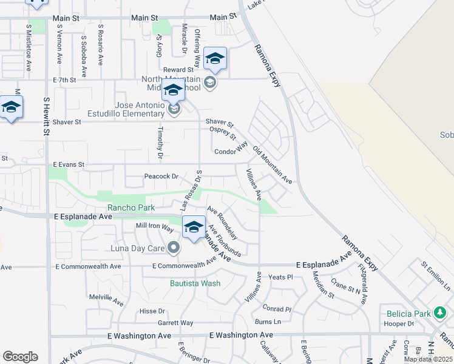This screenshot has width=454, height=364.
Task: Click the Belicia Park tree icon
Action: pyautogui.click(x=440, y=313)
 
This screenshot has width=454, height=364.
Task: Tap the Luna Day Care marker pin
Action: pyautogui.click(x=174, y=248)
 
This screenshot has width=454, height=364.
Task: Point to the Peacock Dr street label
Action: pyautogui.click(x=161, y=177)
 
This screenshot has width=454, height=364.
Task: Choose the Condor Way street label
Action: pyautogui.click(x=230, y=149)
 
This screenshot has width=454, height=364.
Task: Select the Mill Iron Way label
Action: pyautogui.click(x=154, y=226)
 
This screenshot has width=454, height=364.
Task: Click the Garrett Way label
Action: pyautogui.click(x=175, y=323)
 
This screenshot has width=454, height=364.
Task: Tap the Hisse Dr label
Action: pyautogui.click(x=148, y=311)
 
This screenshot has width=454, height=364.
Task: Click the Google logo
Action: pyautogui.click(x=20, y=357)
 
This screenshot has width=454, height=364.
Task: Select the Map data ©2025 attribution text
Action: pyautogui.click(x=428, y=359)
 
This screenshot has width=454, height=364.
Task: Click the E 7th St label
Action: pyautogui.click(x=64, y=79)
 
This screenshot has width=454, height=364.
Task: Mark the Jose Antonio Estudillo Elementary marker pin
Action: pyautogui.click(x=174, y=109)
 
